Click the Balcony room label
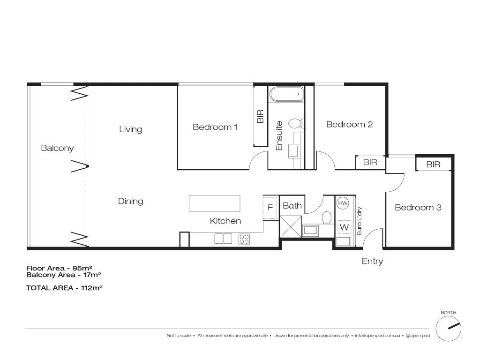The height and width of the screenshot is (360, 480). (57, 148)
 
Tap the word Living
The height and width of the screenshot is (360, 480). (130, 129)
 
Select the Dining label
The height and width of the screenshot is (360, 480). (130, 201)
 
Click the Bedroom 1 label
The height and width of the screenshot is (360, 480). (215, 127)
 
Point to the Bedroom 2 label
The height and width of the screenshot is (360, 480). (349, 124)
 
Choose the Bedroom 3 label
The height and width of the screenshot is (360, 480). (418, 207)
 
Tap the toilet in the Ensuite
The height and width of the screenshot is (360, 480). (295, 124)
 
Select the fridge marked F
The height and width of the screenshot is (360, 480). (270, 207)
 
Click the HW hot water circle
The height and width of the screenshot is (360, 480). (343, 203)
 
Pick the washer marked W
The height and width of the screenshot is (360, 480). (344, 227)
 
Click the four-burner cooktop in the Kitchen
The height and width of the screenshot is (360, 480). (244, 239)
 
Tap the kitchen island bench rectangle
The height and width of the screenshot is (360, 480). (214, 203)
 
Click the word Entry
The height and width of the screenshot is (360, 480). (372, 261)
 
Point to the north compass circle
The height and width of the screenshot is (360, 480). (449, 328)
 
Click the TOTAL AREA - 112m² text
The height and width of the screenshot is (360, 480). (64, 288)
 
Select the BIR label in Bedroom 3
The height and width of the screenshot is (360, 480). (433, 165)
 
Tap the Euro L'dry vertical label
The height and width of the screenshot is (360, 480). (360, 221)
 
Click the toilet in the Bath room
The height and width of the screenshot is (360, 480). (327, 217)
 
